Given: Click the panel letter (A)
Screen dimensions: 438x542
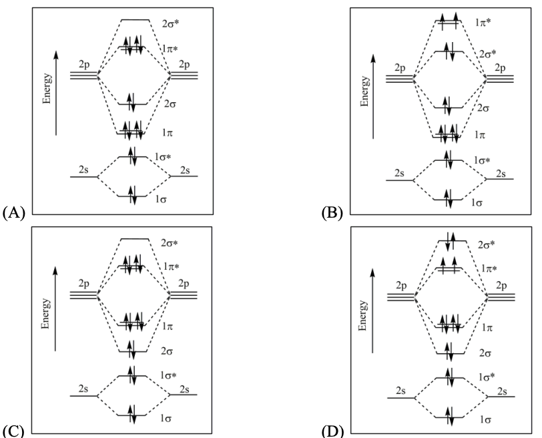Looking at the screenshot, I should [14, 213].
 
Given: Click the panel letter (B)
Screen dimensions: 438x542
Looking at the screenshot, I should [332, 214].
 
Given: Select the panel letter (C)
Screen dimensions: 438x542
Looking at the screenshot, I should [14, 429].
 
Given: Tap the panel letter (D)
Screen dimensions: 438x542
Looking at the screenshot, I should [332, 429].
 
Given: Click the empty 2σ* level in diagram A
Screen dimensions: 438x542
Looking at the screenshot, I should [134, 19].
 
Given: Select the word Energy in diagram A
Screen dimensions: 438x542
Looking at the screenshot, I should [45, 105].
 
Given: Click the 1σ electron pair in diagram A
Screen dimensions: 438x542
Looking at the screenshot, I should [132, 196].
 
